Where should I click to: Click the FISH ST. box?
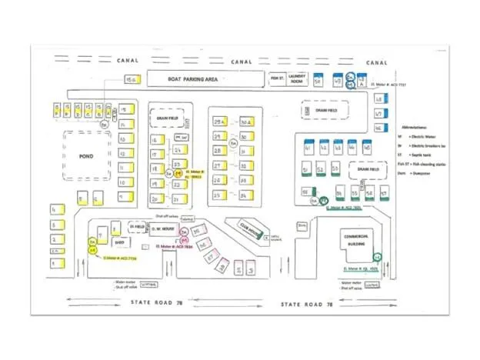click(277, 78)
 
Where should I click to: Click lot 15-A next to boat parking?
click(131, 79)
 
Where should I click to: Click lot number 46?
click(378, 127)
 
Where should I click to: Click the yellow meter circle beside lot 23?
click(178, 174)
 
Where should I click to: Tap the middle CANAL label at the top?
click(241, 62)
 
